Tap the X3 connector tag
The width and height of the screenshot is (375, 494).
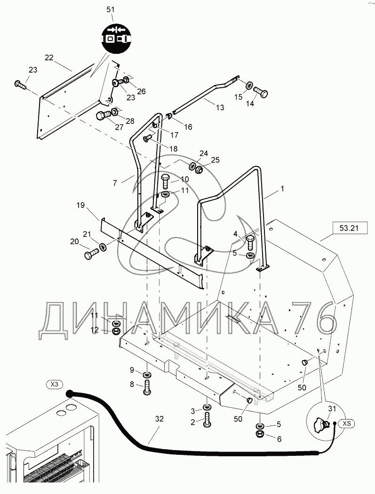coord(55,385)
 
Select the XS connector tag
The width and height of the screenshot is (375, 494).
coord(347,423)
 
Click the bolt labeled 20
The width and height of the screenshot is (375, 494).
coord(90,255)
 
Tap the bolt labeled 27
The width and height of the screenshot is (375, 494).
coord(102,115)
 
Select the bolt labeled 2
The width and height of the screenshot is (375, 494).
coord(207,420)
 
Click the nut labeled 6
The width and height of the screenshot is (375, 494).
coord(260,433)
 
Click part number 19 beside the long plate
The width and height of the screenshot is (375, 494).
coord(80,205)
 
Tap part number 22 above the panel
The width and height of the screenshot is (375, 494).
coord(49,58)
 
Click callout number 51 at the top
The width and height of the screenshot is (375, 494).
coord(111,9)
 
